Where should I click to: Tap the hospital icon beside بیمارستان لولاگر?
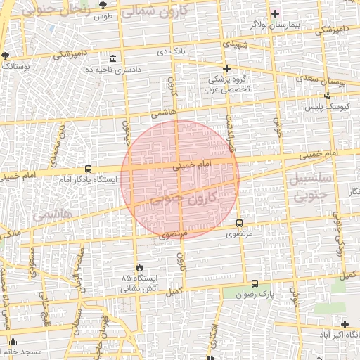click(x=276, y=13)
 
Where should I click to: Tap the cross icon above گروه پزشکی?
click(x=226, y=68)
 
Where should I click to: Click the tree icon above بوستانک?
click(x=6, y=54)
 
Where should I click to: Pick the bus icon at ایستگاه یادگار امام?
click(x=88, y=169)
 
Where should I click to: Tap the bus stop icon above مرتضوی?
click(x=240, y=221)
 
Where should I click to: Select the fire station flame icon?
click(x=139, y=268)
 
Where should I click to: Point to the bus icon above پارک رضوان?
click(x=255, y=283)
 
